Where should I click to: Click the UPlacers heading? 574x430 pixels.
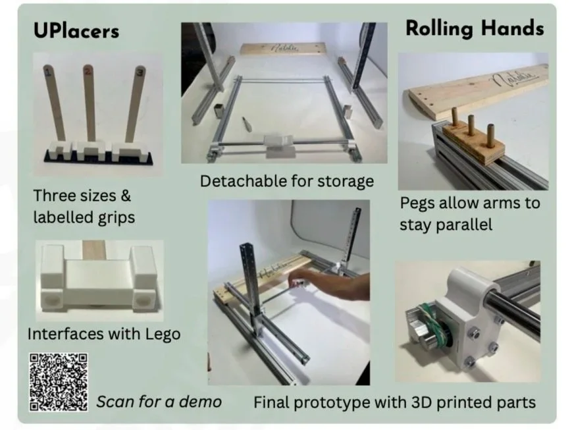pos(76,30)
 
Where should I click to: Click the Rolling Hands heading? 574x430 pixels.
pos(474,28)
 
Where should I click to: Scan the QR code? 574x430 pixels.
pos(58,382)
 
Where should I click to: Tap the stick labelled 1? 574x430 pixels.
pos(53,99)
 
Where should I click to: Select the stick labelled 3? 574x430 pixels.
pos(136,99)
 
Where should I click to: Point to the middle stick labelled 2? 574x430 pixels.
pos(90,99)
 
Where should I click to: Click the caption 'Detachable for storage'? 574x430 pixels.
pos(286,180)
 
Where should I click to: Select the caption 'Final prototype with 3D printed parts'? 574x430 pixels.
pos(394,401)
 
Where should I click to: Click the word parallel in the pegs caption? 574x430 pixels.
pos(446,225)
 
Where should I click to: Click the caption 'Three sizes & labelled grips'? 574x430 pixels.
pos(84,206)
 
